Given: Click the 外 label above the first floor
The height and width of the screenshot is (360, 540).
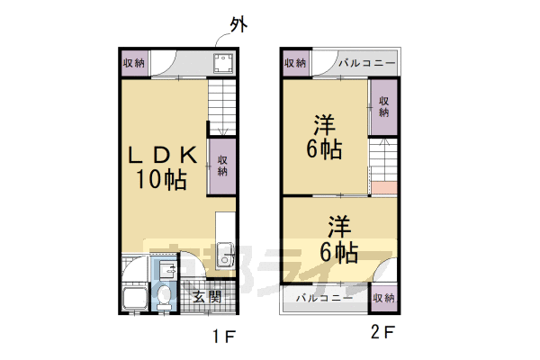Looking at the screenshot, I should point(238,24).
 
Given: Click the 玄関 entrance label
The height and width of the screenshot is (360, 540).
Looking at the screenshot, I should point(206,296).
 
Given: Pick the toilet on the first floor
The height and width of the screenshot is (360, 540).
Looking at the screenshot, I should point(164,296).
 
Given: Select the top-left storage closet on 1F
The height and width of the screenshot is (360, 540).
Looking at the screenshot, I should point(133,63).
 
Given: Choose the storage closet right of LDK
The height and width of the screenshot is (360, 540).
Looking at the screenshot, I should point(221,166).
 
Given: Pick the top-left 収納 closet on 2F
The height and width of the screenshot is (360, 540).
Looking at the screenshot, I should point(294,63).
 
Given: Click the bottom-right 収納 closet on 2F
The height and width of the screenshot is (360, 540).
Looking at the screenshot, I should point(383,297).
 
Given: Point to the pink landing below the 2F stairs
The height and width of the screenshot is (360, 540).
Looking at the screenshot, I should point(382,189).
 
